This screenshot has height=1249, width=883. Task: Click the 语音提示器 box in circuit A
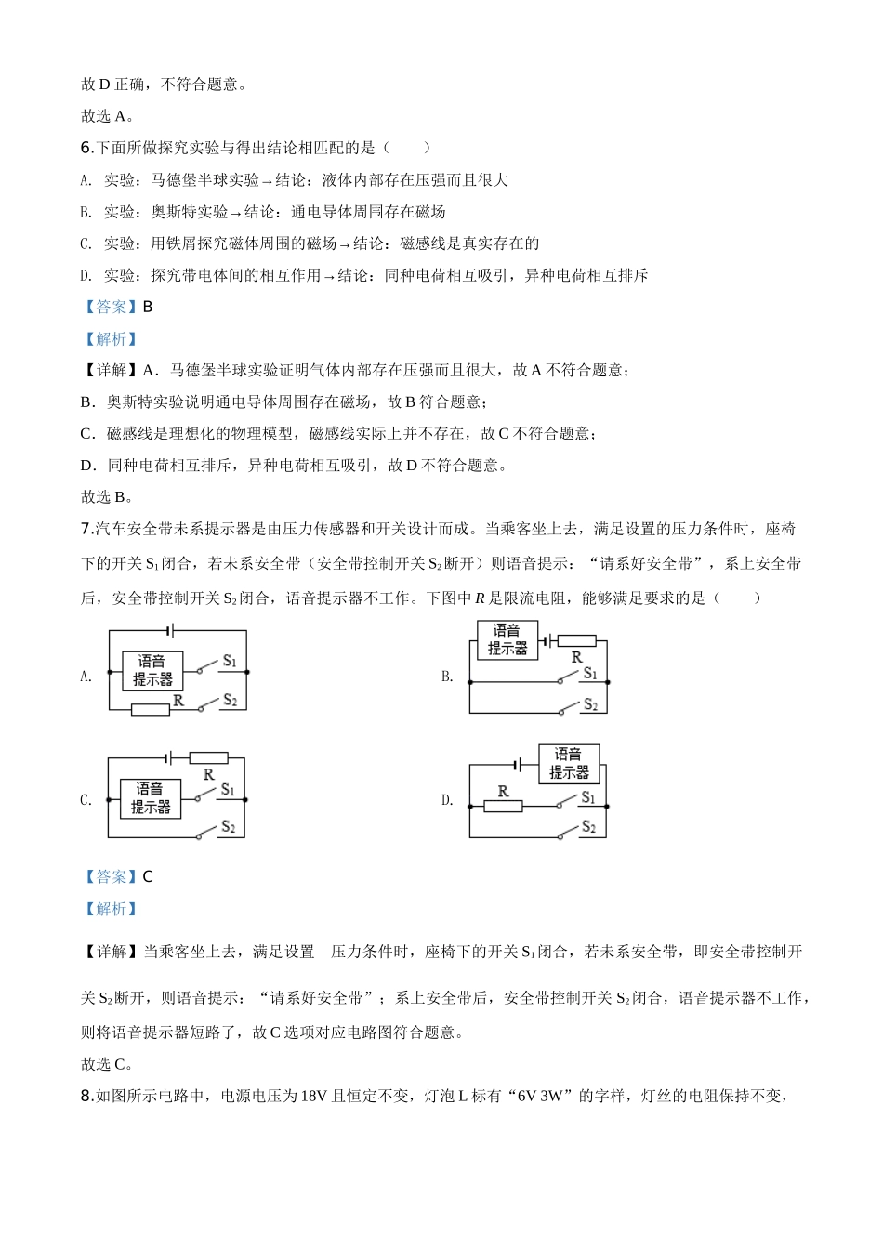(152, 670)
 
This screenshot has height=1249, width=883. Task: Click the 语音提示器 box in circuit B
(507, 639)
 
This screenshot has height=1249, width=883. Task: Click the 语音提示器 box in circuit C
(151, 798)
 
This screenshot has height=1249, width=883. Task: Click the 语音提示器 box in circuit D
(569, 763)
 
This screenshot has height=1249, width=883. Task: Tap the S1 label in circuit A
(230, 662)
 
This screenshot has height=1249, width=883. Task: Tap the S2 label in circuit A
(230, 700)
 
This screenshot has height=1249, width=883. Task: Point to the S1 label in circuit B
(589, 674)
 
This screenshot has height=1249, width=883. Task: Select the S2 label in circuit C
(228, 827)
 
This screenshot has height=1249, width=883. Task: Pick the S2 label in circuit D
(587, 826)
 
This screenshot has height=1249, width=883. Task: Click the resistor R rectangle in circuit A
(150, 710)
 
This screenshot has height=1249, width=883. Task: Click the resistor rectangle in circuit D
(503, 806)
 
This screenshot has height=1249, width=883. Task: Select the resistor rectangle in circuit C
(208, 757)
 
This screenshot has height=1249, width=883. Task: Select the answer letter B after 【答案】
(147, 307)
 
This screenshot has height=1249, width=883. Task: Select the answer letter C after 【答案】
(147, 877)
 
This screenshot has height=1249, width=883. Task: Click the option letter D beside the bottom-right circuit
(446, 800)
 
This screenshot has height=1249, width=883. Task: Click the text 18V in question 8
(311, 1097)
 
